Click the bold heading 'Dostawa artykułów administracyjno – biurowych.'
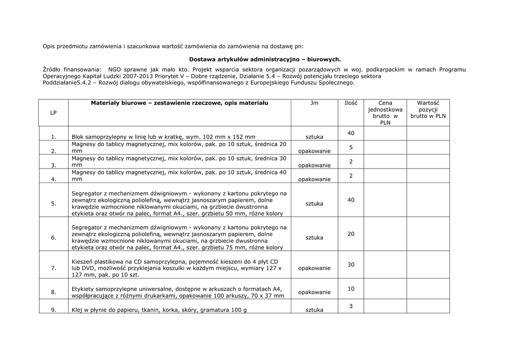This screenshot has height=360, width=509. [265, 59]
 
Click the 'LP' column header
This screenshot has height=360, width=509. [53, 113]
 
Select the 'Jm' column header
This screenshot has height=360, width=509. [314, 103]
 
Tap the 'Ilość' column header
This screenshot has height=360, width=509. [351, 103]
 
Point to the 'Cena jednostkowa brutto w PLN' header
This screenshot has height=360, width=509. [385, 113]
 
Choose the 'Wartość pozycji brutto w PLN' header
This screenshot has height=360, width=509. [428, 109]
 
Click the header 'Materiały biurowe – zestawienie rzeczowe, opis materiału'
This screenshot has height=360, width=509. [179, 103]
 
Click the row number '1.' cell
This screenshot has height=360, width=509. [53, 137]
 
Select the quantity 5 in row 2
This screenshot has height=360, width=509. [351, 148]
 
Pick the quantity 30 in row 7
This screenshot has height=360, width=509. [351, 265]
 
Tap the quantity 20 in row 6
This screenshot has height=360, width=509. [351, 234]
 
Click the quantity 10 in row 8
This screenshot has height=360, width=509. [351, 289]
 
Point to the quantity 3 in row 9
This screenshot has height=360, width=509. [351, 306]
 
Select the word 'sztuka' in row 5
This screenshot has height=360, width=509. [314, 204]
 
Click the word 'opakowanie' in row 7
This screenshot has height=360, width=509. [314, 268]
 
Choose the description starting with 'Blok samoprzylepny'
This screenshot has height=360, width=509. [164, 137]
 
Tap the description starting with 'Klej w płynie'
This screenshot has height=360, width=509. [159, 310]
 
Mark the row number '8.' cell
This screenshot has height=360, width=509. [53, 292]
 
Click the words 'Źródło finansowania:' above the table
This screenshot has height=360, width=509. [72, 70]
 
